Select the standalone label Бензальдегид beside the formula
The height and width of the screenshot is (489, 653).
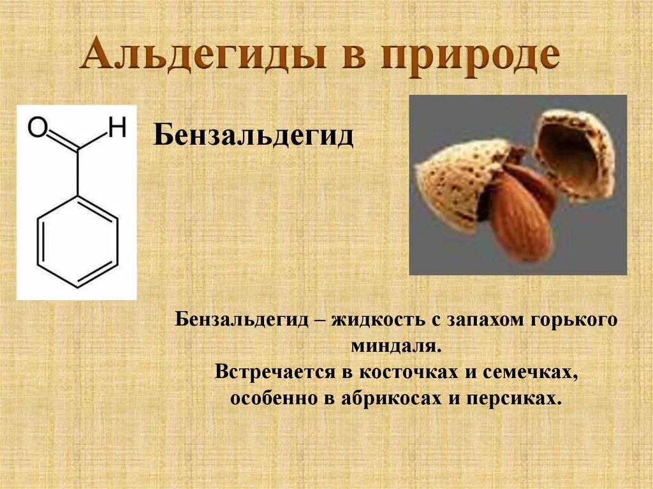tap(253, 136)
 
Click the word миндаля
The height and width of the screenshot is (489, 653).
tap(396, 346)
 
